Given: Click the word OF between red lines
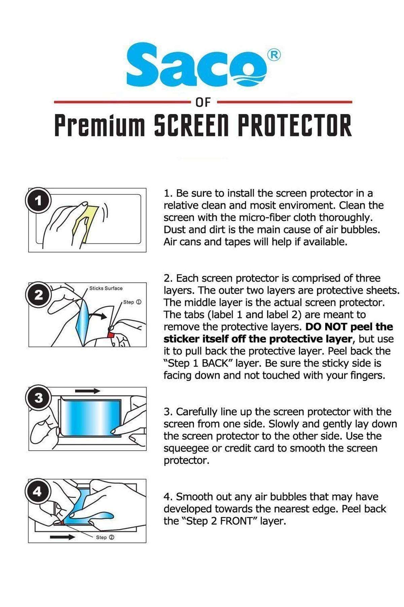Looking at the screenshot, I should coord(203,102).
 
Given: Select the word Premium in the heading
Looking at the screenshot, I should coord(100,125).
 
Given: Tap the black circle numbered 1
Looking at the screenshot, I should coord(38,202).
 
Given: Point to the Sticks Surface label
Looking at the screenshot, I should coord(106,288).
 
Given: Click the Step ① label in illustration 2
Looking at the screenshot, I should coord(132,302).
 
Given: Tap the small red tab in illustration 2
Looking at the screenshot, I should coord(110,334).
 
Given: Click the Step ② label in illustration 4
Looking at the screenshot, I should coord(105,537).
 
